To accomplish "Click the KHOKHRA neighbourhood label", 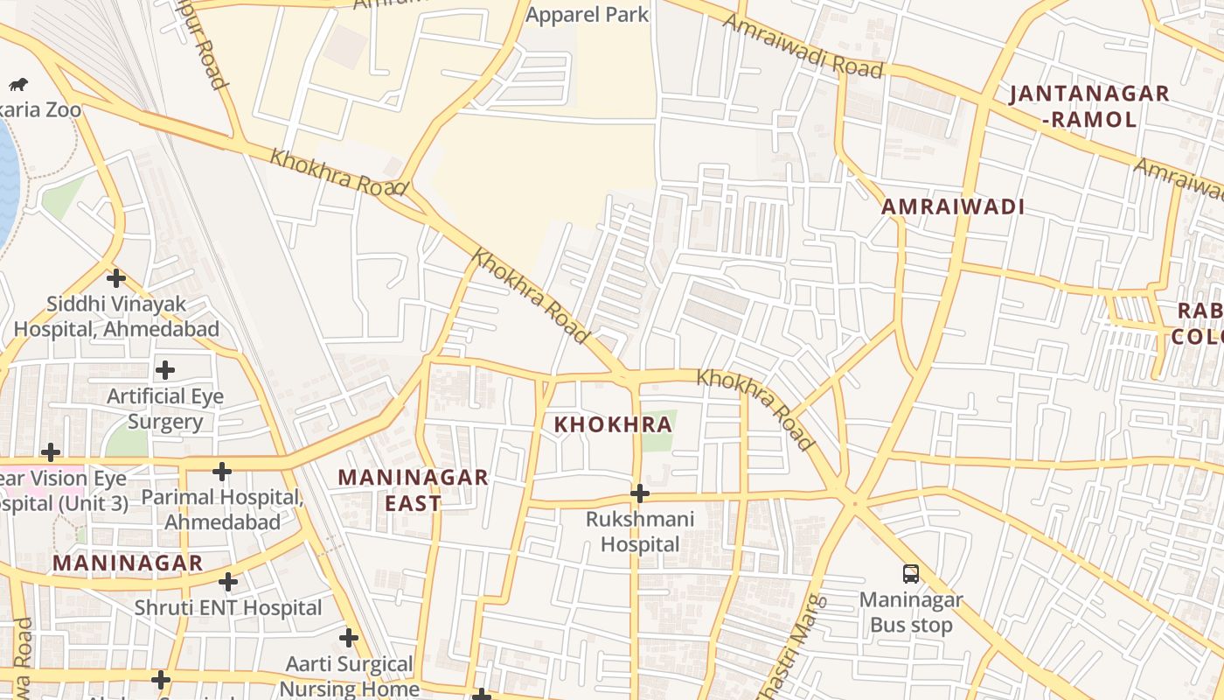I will click(x=614, y=425).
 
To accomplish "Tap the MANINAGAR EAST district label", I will click(x=414, y=490).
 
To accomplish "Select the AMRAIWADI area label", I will click(x=953, y=207).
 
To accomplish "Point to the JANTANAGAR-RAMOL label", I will click(x=1089, y=106).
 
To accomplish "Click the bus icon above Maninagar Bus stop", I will click(x=911, y=574).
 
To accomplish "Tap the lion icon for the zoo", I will click(x=18, y=85).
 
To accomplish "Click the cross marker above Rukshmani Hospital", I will click(x=640, y=493).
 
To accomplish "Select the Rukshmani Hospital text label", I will click(x=640, y=531).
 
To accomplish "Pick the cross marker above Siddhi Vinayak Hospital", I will click(x=116, y=279).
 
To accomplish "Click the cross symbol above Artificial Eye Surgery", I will click(x=165, y=370).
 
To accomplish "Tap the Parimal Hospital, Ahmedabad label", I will click(x=222, y=509).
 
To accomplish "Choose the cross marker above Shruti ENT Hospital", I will click(x=228, y=582).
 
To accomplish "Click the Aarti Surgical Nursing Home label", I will click(x=350, y=676).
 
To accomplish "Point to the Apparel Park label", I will click(x=588, y=15).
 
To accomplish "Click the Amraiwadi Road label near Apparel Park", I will click(x=803, y=47).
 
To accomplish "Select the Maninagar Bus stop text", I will click(x=911, y=612).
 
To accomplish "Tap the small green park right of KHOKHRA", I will click(x=659, y=430).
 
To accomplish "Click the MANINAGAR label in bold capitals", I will click(x=128, y=563).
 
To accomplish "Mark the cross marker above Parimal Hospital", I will click(x=222, y=472).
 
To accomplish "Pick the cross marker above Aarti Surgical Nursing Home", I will click(x=349, y=638).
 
